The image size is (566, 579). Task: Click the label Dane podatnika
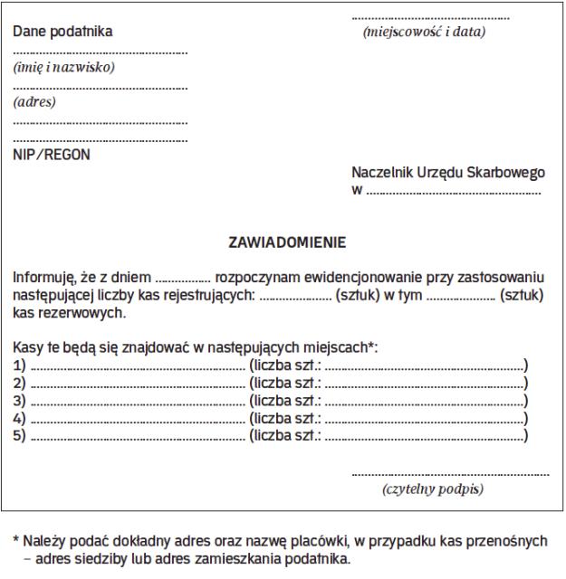pyautogui.click(x=62, y=33)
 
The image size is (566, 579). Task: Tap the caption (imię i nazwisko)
pyautogui.click(x=64, y=67)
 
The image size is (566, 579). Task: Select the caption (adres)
pyautogui.click(x=34, y=101)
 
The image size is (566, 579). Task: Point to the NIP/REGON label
pyautogui.click(x=52, y=154)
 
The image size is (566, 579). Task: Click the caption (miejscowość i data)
pyautogui.click(x=423, y=33)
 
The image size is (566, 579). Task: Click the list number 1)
pyautogui.click(x=20, y=365)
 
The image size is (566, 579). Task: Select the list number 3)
pyautogui.click(x=20, y=401)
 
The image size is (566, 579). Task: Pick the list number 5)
pyautogui.click(x=20, y=436)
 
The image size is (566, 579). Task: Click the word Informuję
pyautogui.click(x=43, y=277)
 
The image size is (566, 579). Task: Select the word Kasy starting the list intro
pyautogui.click(x=29, y=347)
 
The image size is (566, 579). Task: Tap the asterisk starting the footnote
pyautogui.click(x=15, y=540)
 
